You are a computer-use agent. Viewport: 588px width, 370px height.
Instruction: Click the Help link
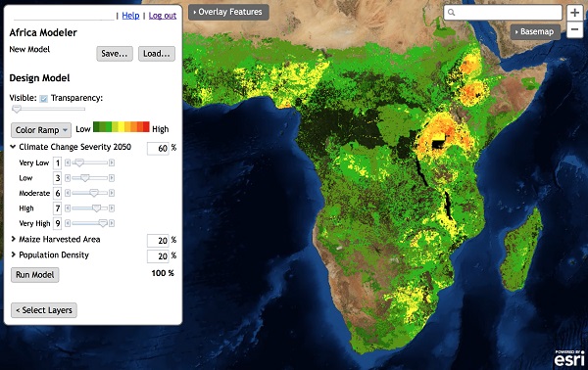[130, 16]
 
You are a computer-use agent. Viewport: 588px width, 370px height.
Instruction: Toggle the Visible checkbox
[44, 99]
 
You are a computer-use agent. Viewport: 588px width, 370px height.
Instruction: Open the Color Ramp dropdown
[40, 129]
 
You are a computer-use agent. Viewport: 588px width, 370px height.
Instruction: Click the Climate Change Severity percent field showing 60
[157, 148]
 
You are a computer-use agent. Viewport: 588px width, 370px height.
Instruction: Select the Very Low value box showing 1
[57, 163]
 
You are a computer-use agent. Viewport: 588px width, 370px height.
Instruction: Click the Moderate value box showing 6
[57, 194]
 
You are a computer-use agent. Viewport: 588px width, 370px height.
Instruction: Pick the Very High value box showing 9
[57, 224]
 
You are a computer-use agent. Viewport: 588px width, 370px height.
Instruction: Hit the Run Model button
[35, 275]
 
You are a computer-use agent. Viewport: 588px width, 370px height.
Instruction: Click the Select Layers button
[43, 310]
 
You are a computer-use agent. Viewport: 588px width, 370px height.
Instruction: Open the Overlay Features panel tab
[227, 12]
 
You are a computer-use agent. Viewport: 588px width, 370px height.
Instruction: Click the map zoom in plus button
[574, 13]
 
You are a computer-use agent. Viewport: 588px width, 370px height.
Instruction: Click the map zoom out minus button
[574, 31]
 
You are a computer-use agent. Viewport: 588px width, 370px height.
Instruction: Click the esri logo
[569, 358]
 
